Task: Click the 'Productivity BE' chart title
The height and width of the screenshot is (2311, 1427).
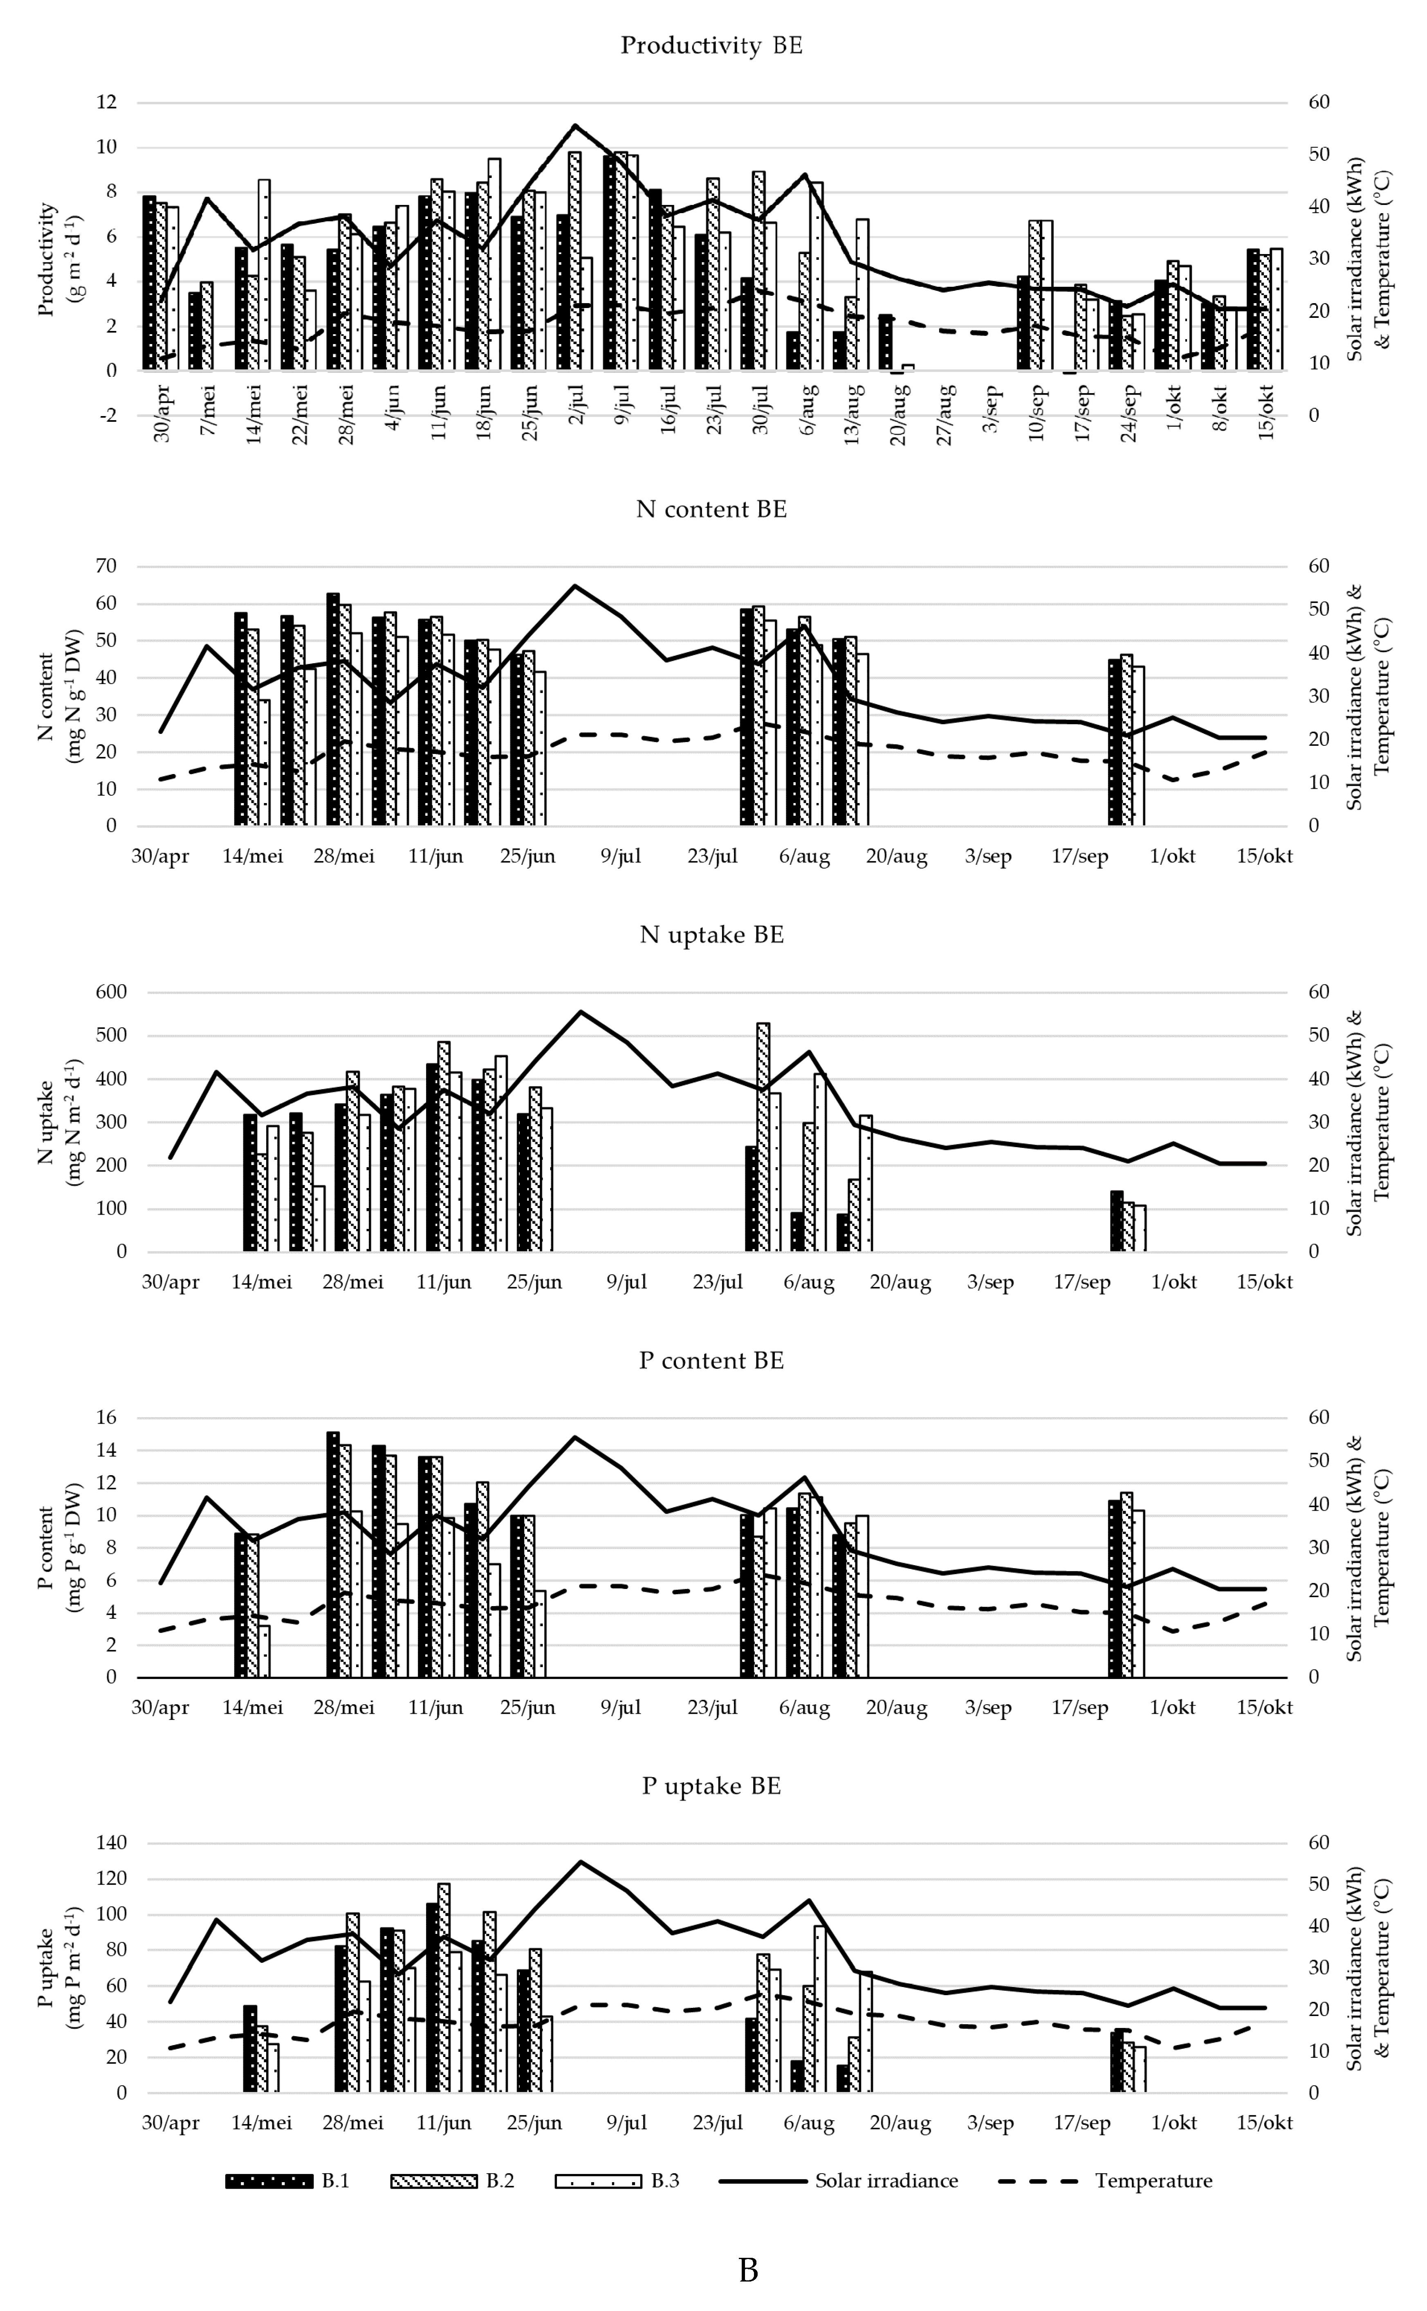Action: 711,45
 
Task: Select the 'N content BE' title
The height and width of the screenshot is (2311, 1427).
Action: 711,510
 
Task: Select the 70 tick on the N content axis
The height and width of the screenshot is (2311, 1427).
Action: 106,567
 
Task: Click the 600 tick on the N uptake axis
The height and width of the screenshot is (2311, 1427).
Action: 110,992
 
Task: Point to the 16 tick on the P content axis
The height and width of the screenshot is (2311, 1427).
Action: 106,1418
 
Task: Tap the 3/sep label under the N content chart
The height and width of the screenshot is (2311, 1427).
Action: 988,856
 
